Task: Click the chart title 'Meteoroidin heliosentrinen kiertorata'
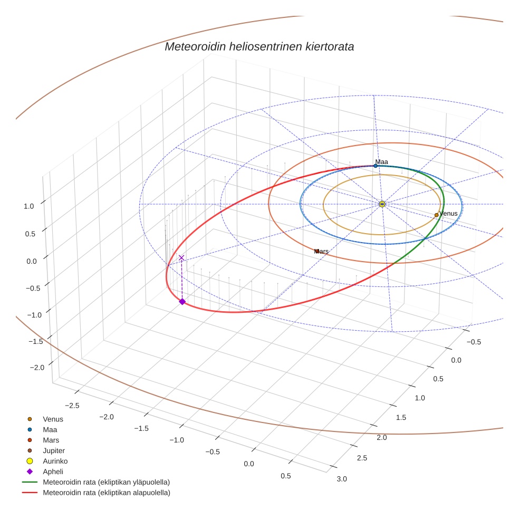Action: [259, 46]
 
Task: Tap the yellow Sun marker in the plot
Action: [382, 204]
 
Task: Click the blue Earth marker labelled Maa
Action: [376, 166]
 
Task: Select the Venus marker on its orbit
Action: [437, 215]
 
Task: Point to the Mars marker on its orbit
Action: [317, 251]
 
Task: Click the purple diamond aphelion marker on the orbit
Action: [182, 301]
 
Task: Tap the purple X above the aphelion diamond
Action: [181, 257]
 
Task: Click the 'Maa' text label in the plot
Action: [381, 161]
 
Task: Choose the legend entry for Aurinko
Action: [55, 461]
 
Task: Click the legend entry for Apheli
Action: [53, 472]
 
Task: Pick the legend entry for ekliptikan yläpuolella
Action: [106, 482]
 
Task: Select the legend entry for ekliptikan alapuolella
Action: [106, 493]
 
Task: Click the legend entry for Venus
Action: [53, 419]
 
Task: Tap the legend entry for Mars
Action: [51, 440]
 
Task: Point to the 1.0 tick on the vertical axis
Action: [29, 206]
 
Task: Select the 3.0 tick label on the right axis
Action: [342, 478]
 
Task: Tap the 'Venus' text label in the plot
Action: [448, 214]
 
